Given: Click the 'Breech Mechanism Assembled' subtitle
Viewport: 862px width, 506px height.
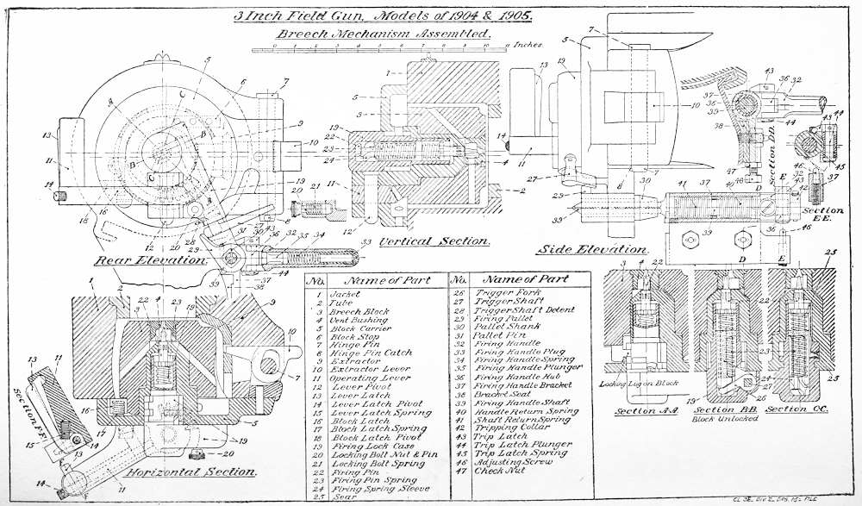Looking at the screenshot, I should (384, 34).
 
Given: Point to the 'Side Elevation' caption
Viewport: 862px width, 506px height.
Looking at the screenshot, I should (584, 249).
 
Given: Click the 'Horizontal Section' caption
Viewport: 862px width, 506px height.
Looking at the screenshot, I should (191, 472).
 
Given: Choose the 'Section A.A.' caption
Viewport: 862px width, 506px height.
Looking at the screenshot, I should (635, 410).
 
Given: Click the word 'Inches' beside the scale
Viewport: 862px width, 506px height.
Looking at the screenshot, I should (528, 43).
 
